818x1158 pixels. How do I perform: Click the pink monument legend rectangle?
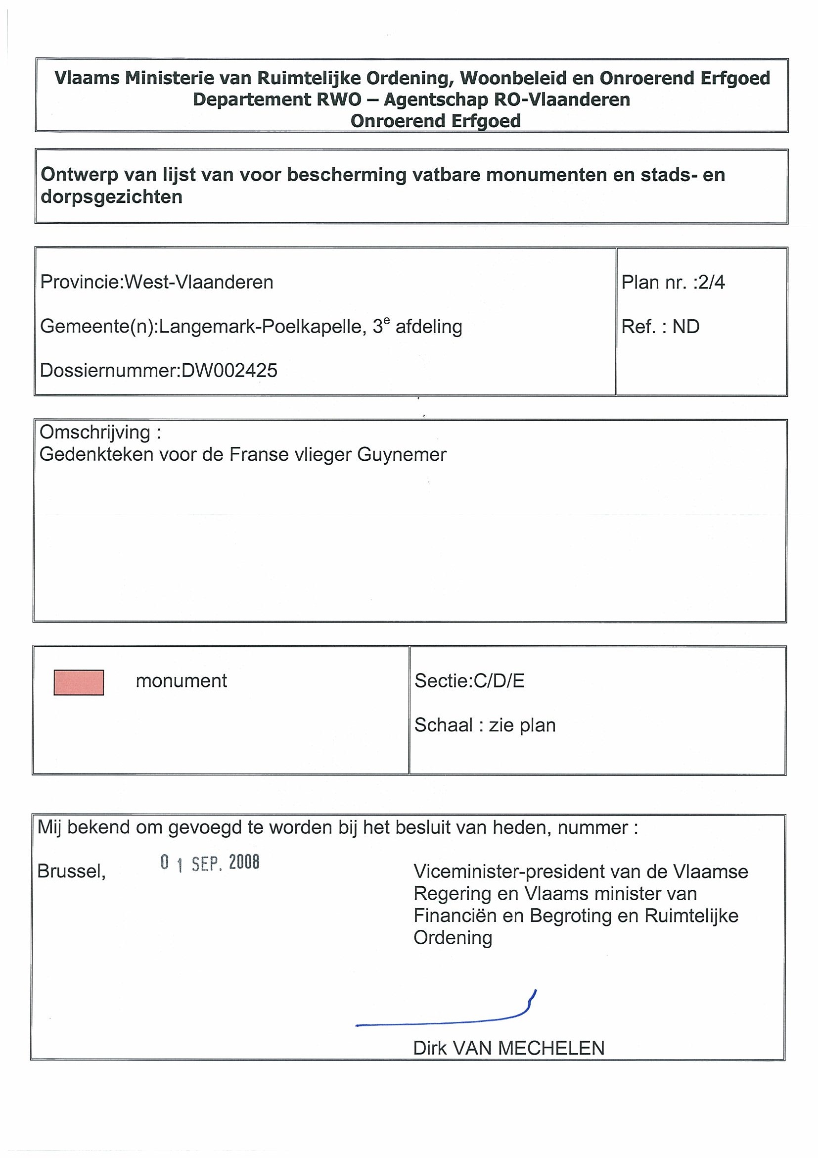pos(79,682)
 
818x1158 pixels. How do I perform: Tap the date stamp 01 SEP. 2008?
pos(210,863)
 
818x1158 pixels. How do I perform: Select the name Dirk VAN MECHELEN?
pos(508,1048)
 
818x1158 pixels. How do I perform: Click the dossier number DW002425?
pos(229,371)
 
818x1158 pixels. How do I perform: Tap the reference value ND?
pos(685,327)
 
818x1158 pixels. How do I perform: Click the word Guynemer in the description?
pos(402,455)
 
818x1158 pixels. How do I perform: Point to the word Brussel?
pos(71,871)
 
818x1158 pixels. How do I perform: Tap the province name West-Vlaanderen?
pos(199,283)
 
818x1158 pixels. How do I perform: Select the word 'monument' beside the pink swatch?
pos(181,681)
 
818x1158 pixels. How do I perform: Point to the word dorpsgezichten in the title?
pos(111,196)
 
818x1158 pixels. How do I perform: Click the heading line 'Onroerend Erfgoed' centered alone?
pos(436,121)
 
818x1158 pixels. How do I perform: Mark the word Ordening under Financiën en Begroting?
pos(453,938)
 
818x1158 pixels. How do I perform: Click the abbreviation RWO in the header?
pos(339,99)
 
